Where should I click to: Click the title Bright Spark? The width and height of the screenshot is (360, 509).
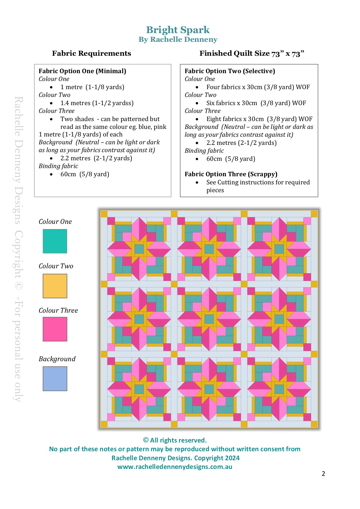coord(178,30)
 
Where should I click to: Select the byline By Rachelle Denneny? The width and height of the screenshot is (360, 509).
coord(178,39)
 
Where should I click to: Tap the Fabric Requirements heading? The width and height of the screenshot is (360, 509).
coord(91,53)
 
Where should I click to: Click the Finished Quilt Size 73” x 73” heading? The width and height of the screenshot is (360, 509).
coord(252,53)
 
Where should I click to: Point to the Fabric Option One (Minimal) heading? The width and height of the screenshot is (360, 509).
coord(82,71)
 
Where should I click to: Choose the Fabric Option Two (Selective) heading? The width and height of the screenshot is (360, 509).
coord(230,71)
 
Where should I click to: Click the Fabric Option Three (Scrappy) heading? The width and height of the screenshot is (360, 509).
coord(231,174)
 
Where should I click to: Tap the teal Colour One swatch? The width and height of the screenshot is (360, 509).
coord(55,241)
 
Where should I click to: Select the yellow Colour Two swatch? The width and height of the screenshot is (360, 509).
coord(55,286)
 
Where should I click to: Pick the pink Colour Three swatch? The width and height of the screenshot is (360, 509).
coord(55,329)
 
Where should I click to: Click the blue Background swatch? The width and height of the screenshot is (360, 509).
coord(55,379)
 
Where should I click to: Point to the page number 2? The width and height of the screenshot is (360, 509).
coord(323,474)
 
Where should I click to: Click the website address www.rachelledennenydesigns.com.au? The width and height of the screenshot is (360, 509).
coord(175,467)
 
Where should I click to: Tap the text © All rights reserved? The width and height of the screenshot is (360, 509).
coord(175,440)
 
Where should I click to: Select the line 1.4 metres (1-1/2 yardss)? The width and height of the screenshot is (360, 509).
coord(97,103)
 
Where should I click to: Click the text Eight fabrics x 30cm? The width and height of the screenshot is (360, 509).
coord(235,119)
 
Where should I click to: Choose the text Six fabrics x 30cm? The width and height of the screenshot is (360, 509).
coord(232,103)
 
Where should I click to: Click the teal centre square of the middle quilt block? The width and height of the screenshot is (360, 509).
coord(209,319)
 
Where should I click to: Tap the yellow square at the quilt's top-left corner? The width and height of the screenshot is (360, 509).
coord(104,214)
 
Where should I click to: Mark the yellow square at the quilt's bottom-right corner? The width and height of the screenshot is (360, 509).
coord(314,424)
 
